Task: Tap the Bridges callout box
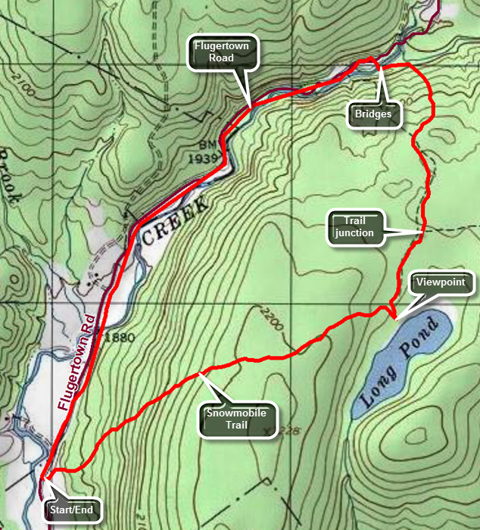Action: (373, 114)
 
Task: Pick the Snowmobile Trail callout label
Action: (238, 419)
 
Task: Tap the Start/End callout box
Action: (73, 510)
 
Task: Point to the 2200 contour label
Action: (270, 318)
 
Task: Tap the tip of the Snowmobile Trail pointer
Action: (198, 373)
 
